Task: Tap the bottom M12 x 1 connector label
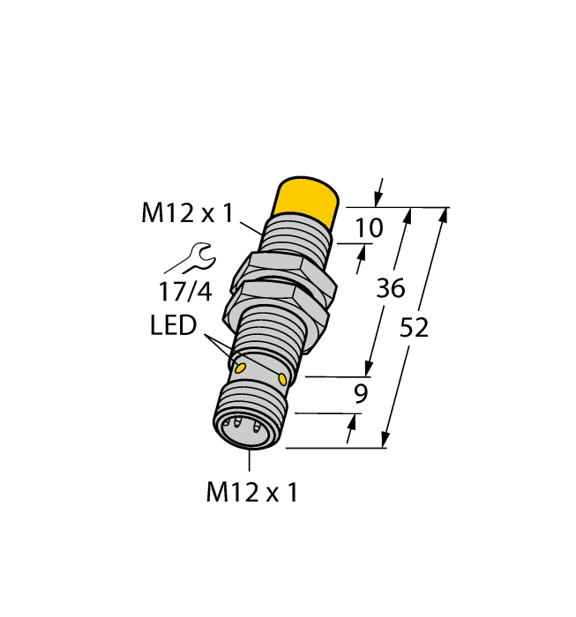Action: tap(251, 493)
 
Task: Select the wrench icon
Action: tap(189, 258)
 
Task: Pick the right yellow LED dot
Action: tap(282, 379)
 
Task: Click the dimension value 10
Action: tap(368, 228)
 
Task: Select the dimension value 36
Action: tap(390, 287)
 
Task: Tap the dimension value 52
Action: tap(414, 327)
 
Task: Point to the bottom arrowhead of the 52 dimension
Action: tap(385, 441)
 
